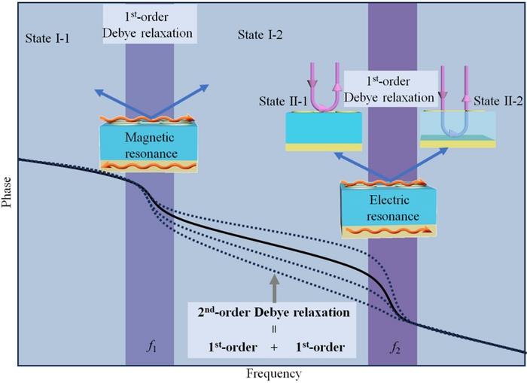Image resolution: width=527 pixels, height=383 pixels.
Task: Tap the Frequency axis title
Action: click(273, 373)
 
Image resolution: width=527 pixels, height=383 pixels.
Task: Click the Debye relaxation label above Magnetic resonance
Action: click(149, 25)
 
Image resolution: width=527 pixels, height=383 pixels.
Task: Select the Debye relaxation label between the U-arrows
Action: click(388, 90)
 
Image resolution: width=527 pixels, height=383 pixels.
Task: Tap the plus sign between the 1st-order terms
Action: click(274, 347)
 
